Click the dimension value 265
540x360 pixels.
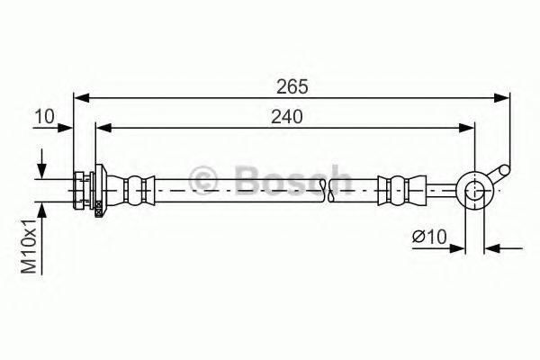click(292, 86)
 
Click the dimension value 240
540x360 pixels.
click(284, 117)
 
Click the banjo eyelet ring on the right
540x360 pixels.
click(473, 189)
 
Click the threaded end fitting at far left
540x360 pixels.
click(81, 189)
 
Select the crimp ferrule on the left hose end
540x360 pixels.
click(134, 189)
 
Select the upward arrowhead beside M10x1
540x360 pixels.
click(41, 207)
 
